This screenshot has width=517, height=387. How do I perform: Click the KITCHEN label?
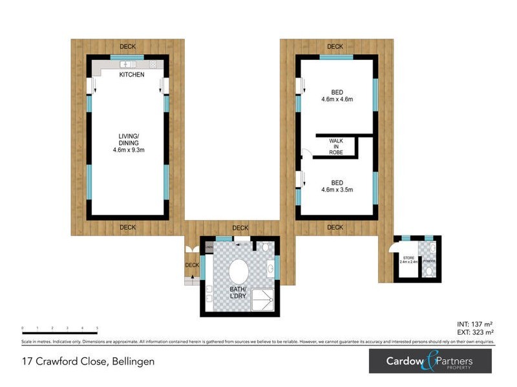tap(132, 75)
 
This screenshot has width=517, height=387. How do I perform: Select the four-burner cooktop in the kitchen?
tap(153, 64)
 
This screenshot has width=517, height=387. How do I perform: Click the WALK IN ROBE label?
tap(336, 146)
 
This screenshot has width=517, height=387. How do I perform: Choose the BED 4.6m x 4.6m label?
tap(336, 95)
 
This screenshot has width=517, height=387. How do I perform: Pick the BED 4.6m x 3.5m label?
tap(336, 185)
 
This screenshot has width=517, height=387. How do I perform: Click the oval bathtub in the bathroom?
tap(238, 271)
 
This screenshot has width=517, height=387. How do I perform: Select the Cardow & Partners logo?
tap(430, 362)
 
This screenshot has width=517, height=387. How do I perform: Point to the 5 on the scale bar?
tap(98, 328)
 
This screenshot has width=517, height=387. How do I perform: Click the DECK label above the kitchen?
tap(127, 46)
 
